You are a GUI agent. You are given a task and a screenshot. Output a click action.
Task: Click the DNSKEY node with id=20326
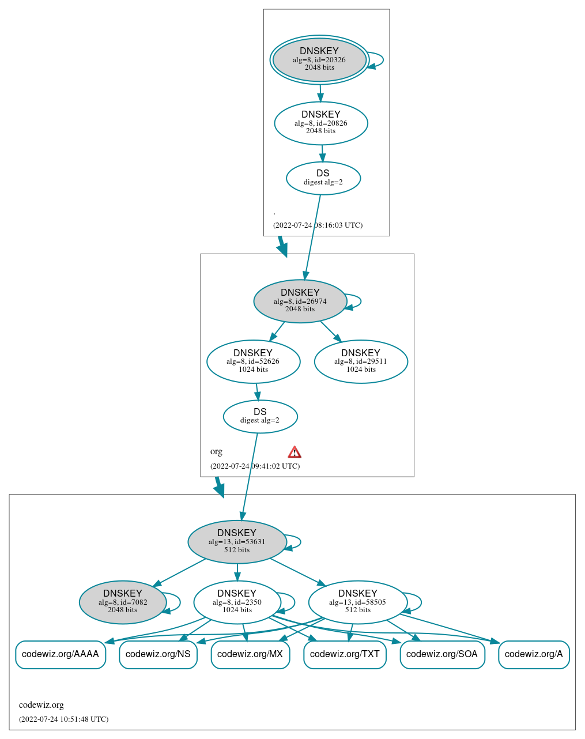[x=319, y=59]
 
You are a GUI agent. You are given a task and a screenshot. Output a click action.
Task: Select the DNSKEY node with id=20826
[x=321, y=123]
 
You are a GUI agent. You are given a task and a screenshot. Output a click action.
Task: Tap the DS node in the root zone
[x=323, y=178]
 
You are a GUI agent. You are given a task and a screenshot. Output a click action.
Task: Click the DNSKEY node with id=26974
[x=300, y=301]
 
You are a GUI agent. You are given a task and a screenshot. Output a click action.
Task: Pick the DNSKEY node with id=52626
[x=253, y=361]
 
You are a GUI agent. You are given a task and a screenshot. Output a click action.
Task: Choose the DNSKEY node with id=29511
[x=361, y=361]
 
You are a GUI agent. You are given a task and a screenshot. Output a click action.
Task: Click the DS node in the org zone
[x=260, y=416]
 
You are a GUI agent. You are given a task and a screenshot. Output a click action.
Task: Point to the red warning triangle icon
[x=295, y=452]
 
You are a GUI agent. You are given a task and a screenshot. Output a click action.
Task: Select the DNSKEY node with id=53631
[x=237, y=542]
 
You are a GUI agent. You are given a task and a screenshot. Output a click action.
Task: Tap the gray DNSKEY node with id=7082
[x=123, y=602]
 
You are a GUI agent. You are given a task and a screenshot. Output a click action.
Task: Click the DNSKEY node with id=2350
[x=237, y=602]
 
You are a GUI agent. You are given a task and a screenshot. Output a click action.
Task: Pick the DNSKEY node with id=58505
[x=358, y=602]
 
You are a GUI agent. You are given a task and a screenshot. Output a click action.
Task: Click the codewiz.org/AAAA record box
[x=61, y=654]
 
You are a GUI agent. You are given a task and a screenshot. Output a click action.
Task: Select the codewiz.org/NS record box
[x=158, y=654]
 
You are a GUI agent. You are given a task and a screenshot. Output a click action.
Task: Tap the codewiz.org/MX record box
[x=250, y=654]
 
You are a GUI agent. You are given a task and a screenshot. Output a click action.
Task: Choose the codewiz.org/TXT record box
[x=345, y=654]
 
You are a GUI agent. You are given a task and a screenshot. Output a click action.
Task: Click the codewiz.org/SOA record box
[x=442, y=654]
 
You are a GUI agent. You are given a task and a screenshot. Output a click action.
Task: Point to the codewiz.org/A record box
[x=534, y=654]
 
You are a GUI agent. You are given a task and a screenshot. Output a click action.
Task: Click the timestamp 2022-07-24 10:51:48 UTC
[x=63, y=719]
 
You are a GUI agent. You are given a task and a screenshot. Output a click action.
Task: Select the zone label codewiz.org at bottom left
[x=41, y=705]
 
